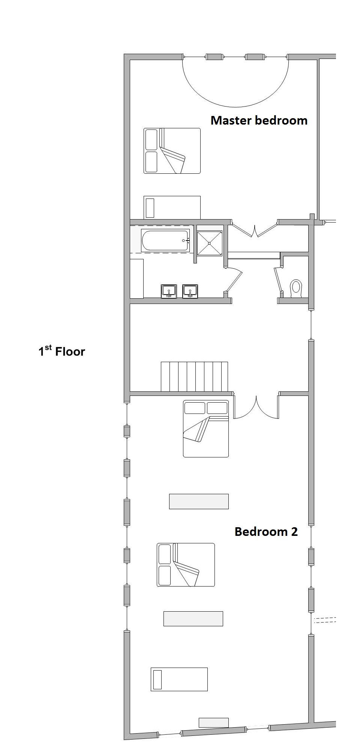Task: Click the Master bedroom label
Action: click(x=259, y=120)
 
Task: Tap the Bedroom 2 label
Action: click(x=266, y=532)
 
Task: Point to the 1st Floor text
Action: click(x=62, y=351)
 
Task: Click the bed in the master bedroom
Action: click(x=172, y=151)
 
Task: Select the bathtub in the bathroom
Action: click(x=165, y=240)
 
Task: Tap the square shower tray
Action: click(x=210, y=243)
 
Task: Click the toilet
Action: click(x=296, y=289)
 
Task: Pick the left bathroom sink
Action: click(x=169, y=291)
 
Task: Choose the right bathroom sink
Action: click(x=190, y=291)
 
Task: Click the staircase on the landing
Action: click(x=194, y=377)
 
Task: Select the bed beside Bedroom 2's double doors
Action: click(x=206, y=429)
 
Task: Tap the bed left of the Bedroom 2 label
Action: click(x=186, y=565)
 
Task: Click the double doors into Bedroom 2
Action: click(x=256, y=408)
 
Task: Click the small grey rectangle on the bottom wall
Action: click(x=213, y=722)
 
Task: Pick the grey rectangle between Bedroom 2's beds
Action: click(x=199, y=501)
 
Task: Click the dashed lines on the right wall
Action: click(x=325, y=620)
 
